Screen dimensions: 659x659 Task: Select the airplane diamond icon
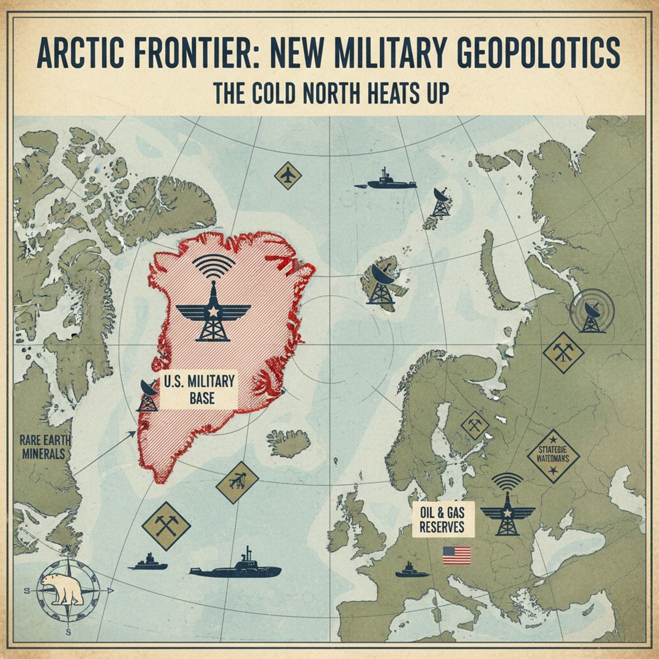288,176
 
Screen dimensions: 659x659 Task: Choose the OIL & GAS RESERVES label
441,520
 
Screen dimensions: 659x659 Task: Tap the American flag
457,555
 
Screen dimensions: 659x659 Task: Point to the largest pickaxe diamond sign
166,526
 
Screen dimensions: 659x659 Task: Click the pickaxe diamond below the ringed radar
563,352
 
